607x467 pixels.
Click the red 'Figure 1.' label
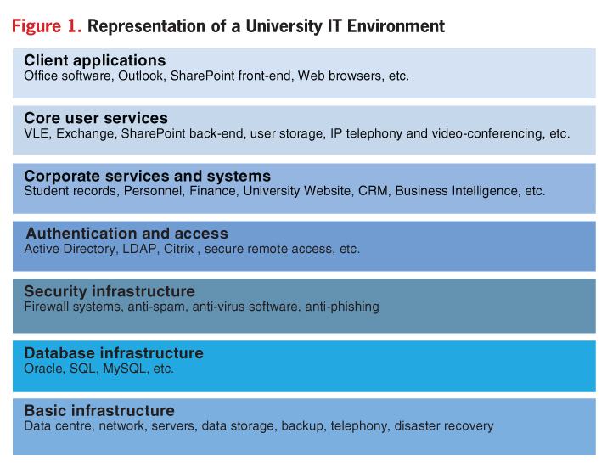[x=47, y=26]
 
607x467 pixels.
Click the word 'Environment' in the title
[x=396, y=26]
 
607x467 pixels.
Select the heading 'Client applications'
[x=95, y=61]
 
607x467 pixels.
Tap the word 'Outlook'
[x=141, y=76]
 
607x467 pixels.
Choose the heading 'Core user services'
[x=96, y=118]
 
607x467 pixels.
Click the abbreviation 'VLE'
[x=37, y=133]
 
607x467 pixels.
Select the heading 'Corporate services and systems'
[x=148, y=177]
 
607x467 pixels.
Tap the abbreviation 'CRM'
[x=373, y=191]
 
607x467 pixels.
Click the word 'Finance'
[x=212, y=191]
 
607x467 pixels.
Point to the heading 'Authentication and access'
[x=127, y=233]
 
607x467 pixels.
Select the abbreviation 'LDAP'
[x=139, y=249]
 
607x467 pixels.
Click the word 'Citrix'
[x=179, y=249]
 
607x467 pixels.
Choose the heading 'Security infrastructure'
[x=110, y=291]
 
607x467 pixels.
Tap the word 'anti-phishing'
[x=342, y=307]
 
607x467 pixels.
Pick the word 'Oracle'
[x=43, y=369]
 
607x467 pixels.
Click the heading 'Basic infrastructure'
[x=99, y=411]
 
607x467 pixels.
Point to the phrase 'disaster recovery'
[x=444, y=426]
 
